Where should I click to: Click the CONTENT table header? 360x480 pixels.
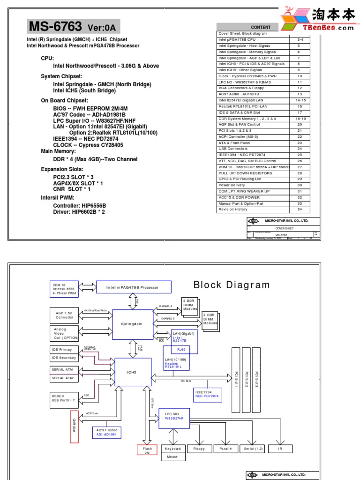tap(261, 27)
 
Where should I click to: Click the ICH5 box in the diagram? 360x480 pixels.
tap(133, 373)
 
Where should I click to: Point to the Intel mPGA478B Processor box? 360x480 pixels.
tap(134, 287)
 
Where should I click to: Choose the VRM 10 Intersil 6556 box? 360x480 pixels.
tap(64, 289)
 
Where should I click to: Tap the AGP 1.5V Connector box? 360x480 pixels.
tap(64, 315)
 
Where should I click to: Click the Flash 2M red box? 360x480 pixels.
tap(147, 450)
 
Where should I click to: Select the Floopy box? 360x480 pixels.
tap(199, 449)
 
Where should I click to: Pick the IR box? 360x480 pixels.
tap(280, 449)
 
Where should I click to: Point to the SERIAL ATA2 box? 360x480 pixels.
tap(64, 378)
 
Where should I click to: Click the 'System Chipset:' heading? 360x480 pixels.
tap(61, 76)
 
